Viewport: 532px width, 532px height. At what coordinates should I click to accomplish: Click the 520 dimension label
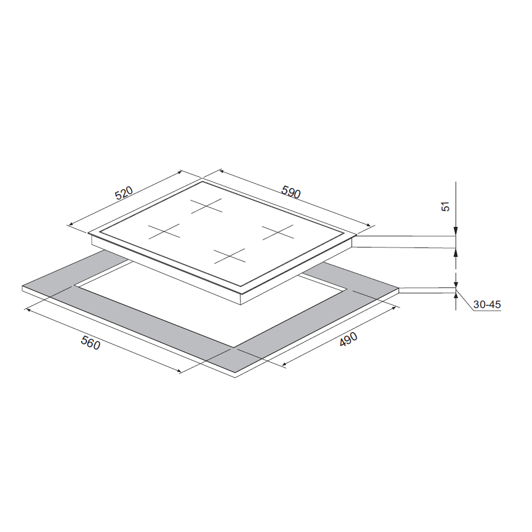click(124, 193)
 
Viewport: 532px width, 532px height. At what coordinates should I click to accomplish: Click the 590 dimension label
click(291, 192)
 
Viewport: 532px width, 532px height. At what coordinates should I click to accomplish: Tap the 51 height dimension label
click(446, 206)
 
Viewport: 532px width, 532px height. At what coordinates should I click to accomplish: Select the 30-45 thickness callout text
click(487, 305)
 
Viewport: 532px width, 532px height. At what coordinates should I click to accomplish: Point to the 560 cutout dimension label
click(91, 342)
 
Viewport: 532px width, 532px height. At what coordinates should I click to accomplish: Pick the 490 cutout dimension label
click(349, 339)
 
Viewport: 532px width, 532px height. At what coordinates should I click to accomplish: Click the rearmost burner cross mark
click(206, 206)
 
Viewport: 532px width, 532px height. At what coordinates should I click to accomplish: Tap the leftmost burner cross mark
click(164, 231)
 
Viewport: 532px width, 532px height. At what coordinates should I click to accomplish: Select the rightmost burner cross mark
click(278, 232)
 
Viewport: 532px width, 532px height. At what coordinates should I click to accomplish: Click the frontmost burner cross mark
click(229, 256)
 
